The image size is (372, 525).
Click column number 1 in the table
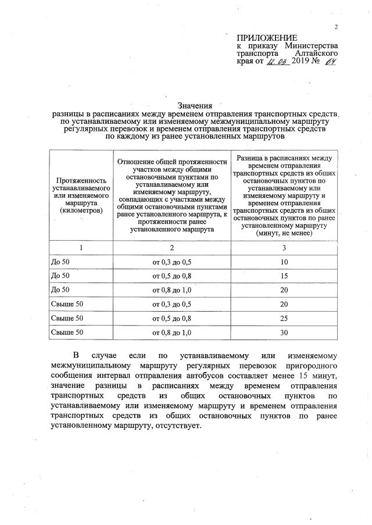tap(81, 248)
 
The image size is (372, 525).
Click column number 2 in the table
tap(171, 248)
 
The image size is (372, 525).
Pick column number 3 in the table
tap(284, 248)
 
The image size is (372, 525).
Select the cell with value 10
tap(284, 262)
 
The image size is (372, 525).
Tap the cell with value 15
tap(284, 276)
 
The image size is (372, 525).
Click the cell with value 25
tap(284, 318)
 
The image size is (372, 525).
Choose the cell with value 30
tap(284, 332)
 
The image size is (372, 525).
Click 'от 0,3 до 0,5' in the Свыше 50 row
tap(171, 304)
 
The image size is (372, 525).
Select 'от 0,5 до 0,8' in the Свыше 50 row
tap(171, 318)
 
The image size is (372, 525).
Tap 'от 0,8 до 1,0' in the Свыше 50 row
tap(171, 332)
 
